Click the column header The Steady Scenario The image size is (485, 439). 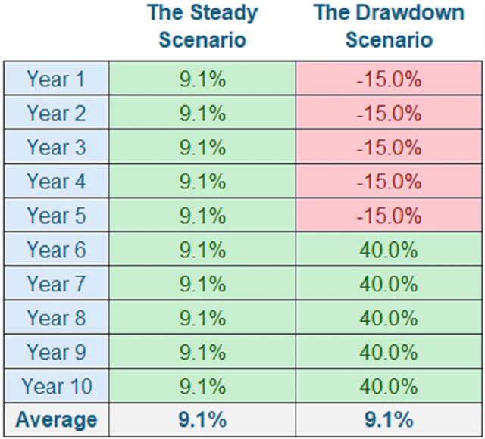click(x=202, y=26)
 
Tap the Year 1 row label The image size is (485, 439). click(x=57, y=79)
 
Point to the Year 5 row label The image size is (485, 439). click(x=57, y=216)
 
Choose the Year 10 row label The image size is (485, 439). click(x=57, y=386)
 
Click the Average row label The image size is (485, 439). click(x=57, y=419)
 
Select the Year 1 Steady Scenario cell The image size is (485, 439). click(x=202, y=79)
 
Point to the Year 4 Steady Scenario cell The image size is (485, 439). click(x=202, y=182)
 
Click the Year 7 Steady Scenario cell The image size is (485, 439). click(x=202, y=284)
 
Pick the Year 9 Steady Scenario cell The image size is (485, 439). click(x=202, y=352)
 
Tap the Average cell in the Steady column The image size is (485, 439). click(x=202, y=419)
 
